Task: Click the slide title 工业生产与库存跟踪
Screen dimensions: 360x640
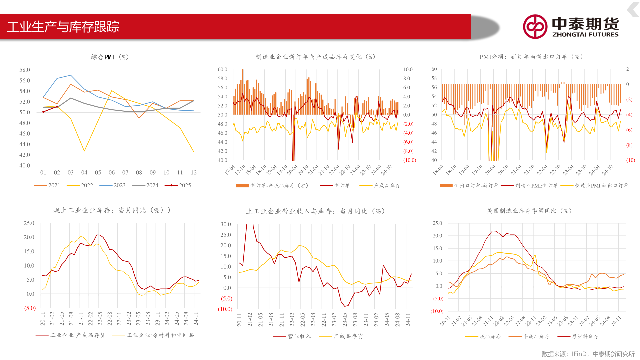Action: tap(63, 27)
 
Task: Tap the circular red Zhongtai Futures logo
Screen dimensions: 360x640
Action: tap(535, 27)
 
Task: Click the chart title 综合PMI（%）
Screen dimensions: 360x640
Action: tap(110, 57)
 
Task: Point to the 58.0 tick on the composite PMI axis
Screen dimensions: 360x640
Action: tap(25, 70)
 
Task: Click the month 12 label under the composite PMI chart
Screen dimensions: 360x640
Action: tap(194, 172)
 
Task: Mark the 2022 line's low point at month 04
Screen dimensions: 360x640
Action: tap(84, 151)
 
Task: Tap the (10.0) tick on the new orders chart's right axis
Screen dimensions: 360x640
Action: tap(410, 160)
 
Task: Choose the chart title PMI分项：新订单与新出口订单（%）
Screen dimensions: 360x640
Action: tap(531, 57)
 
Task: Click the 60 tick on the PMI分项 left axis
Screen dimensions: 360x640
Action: tap(434, 69)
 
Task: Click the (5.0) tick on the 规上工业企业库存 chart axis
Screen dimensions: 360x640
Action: tap(30, 308)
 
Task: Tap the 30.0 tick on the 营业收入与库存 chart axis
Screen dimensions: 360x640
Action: tap(226, 224)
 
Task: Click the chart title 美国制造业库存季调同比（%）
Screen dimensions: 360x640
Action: tap(529, 211)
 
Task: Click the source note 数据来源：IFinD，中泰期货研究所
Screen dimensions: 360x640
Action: tap(588, 354)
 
